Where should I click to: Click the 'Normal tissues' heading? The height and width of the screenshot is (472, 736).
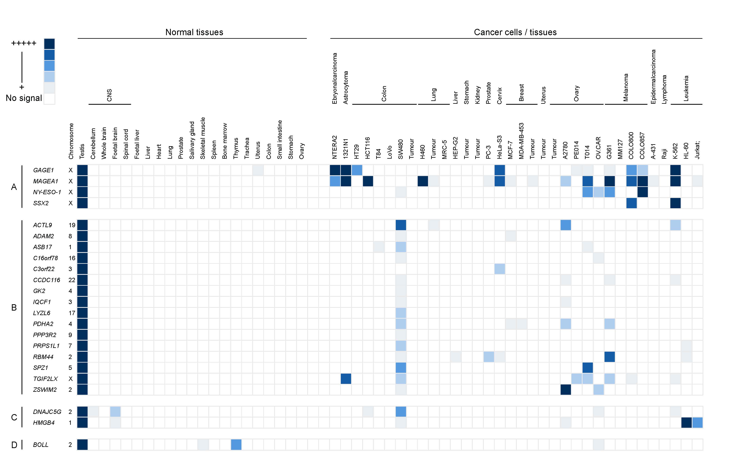tap(194, 32)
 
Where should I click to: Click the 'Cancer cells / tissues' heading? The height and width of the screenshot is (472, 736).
tap(515, 32)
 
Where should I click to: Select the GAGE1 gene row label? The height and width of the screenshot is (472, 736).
tap(43, 170)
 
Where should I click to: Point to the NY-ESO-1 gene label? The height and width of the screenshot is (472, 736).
tap(47, 192)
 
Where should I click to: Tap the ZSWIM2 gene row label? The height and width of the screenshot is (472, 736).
tap(45, 390)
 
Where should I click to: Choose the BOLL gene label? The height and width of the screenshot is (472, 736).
tap(41, 445)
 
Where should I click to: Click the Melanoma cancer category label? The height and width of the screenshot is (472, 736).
tap(626, 87)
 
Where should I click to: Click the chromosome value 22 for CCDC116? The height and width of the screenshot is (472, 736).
tap(72, 280)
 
